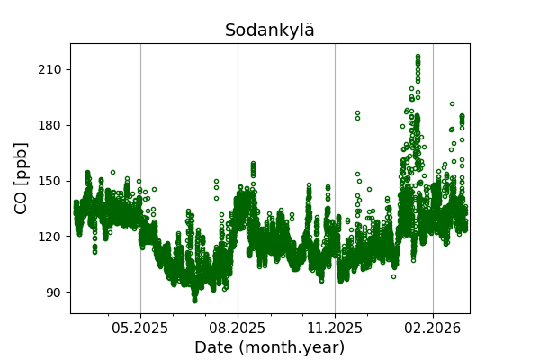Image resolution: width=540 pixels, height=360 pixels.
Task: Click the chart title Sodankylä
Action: coord(270,31)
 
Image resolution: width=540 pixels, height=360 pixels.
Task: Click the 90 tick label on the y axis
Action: coord(51,292)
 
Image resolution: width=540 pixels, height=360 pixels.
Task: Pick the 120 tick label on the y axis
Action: coord(48,237)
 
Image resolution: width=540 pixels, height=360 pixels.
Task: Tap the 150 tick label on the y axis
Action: coord(48,181)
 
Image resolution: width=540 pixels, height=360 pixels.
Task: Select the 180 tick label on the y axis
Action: coord(48,125)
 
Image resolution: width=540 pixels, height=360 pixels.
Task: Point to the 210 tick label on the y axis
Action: coord(48,69)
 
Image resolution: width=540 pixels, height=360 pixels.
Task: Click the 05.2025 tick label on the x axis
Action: coord(140,328)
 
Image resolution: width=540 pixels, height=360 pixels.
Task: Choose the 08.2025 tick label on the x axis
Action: coord(238,328)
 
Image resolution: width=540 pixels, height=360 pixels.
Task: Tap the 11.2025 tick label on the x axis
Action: coord(335,328)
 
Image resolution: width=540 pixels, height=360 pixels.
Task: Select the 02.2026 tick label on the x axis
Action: coord(433,328)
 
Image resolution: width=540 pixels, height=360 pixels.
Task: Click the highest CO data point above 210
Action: coord(418,56)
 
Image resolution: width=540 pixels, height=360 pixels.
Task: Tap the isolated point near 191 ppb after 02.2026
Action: coord(452,103)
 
